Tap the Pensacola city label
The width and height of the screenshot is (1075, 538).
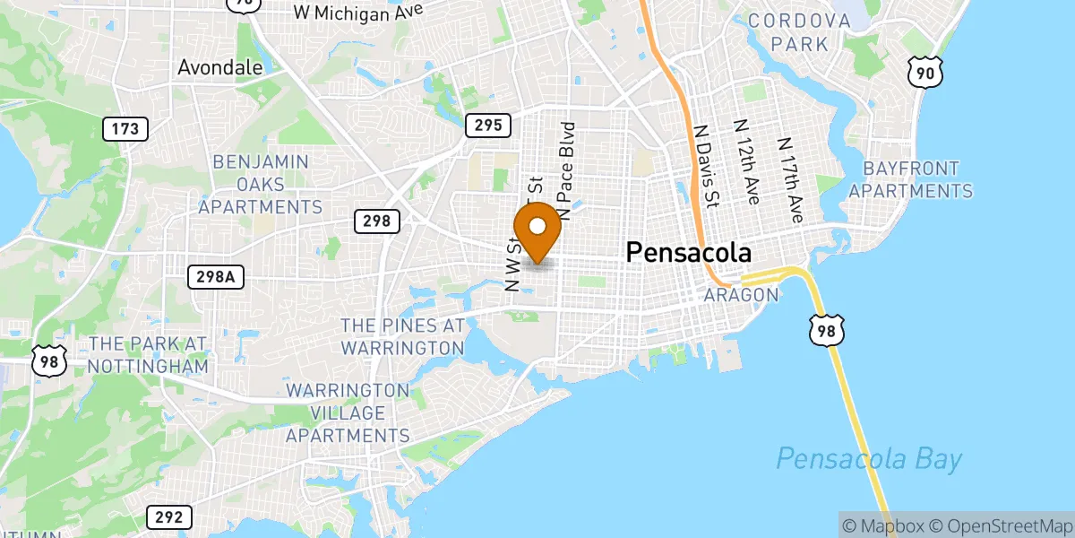click(x=688, y=252)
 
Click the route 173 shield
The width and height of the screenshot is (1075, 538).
click(x=125, y=129)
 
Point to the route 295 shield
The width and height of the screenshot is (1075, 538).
click(x=488, y=126)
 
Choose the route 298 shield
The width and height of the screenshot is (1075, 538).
click(x=376, y=221)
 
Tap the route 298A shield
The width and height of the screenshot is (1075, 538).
click(x=216, y=277)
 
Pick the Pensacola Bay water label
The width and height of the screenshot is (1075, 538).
click(x=869, y=460)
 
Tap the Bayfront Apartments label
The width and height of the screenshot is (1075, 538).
click(x=910, y=179)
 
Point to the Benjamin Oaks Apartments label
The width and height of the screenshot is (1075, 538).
click(x=260, y=185)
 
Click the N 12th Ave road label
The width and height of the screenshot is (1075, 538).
click(x=746, y=162)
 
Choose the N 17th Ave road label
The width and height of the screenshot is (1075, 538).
click(x=791, y=180)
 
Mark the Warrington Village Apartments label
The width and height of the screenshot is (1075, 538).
click(x=348, y=413)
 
